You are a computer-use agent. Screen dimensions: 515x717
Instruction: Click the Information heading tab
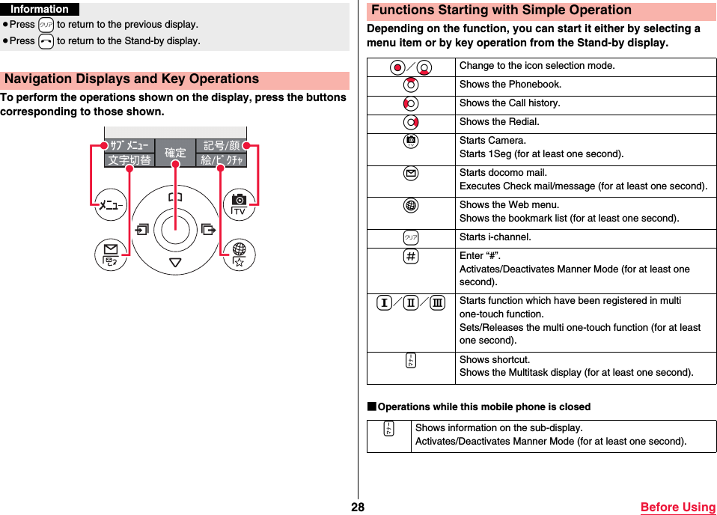[x=40, y=10]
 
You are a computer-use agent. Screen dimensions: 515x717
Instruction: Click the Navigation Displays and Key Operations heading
[x=132, y=79]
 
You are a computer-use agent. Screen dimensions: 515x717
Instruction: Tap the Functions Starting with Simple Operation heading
[x=501, y=10]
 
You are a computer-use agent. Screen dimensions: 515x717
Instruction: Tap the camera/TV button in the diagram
[x=239, y=205]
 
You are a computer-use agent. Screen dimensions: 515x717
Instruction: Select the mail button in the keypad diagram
[x=111, y=255]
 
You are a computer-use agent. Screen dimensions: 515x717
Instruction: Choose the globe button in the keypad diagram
[x=239, y=255]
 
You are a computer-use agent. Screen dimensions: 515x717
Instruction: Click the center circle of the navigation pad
[x=175, y=229]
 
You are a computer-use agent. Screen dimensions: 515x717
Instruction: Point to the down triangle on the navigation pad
[x=175, y=262]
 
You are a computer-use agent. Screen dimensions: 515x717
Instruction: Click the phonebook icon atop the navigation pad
[x=175, y=197]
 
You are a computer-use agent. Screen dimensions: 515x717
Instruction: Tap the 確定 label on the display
[x=175, y=153]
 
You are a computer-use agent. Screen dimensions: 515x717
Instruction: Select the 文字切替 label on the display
[x=129, y=160]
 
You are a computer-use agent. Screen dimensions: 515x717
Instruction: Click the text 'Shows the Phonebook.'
[x=510, y=85]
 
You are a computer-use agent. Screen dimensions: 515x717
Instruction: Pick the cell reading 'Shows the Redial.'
[x=498, y=122]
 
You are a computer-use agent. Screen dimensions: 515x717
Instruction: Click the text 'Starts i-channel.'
[x=495, y=237]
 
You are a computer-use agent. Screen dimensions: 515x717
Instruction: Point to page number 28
[x=358, y=507]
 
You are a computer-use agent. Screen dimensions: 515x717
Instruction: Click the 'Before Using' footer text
[x=677, y=507]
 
